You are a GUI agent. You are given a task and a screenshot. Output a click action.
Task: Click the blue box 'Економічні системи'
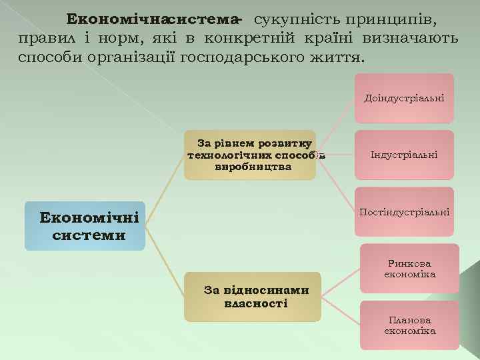tap(85, 226)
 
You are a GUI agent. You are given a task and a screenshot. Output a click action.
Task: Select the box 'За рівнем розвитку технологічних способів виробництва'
tap(249, 155)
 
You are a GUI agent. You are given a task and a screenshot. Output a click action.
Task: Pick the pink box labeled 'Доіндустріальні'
tap(404, 98)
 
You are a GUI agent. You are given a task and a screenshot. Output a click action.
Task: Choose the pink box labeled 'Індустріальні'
tap(404, 155)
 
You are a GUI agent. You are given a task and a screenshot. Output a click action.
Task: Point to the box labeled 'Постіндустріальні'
tap(404, 212)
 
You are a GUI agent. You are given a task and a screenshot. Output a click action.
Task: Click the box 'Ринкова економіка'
tap(409, 268)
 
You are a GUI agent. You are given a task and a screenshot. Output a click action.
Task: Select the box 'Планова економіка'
tap(409, 325)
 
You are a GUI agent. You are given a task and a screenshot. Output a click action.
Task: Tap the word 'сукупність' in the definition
tap(291, 17)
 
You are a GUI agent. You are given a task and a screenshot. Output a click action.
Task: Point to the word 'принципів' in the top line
tap(395, 17)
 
